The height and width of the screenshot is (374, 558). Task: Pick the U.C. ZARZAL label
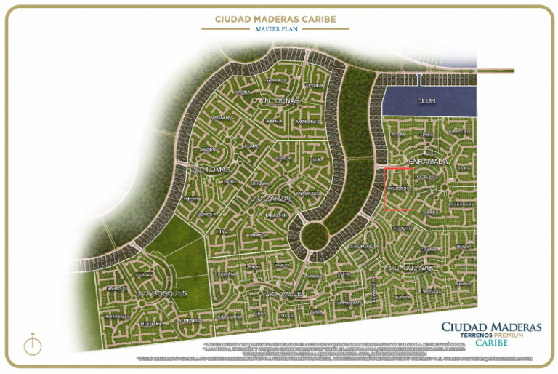click(x=270, y=198)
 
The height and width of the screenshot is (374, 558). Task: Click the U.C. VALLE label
click(x=282, y=294)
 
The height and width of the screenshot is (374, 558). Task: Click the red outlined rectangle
click(x=398, y=188)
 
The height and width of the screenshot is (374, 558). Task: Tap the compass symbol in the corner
click(x=32, y=343)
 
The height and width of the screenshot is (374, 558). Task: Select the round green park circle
click(x=315, y=234)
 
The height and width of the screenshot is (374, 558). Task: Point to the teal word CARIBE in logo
click(x=492, y=343)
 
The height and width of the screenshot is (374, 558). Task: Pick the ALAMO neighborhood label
click(x=252, y=146)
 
